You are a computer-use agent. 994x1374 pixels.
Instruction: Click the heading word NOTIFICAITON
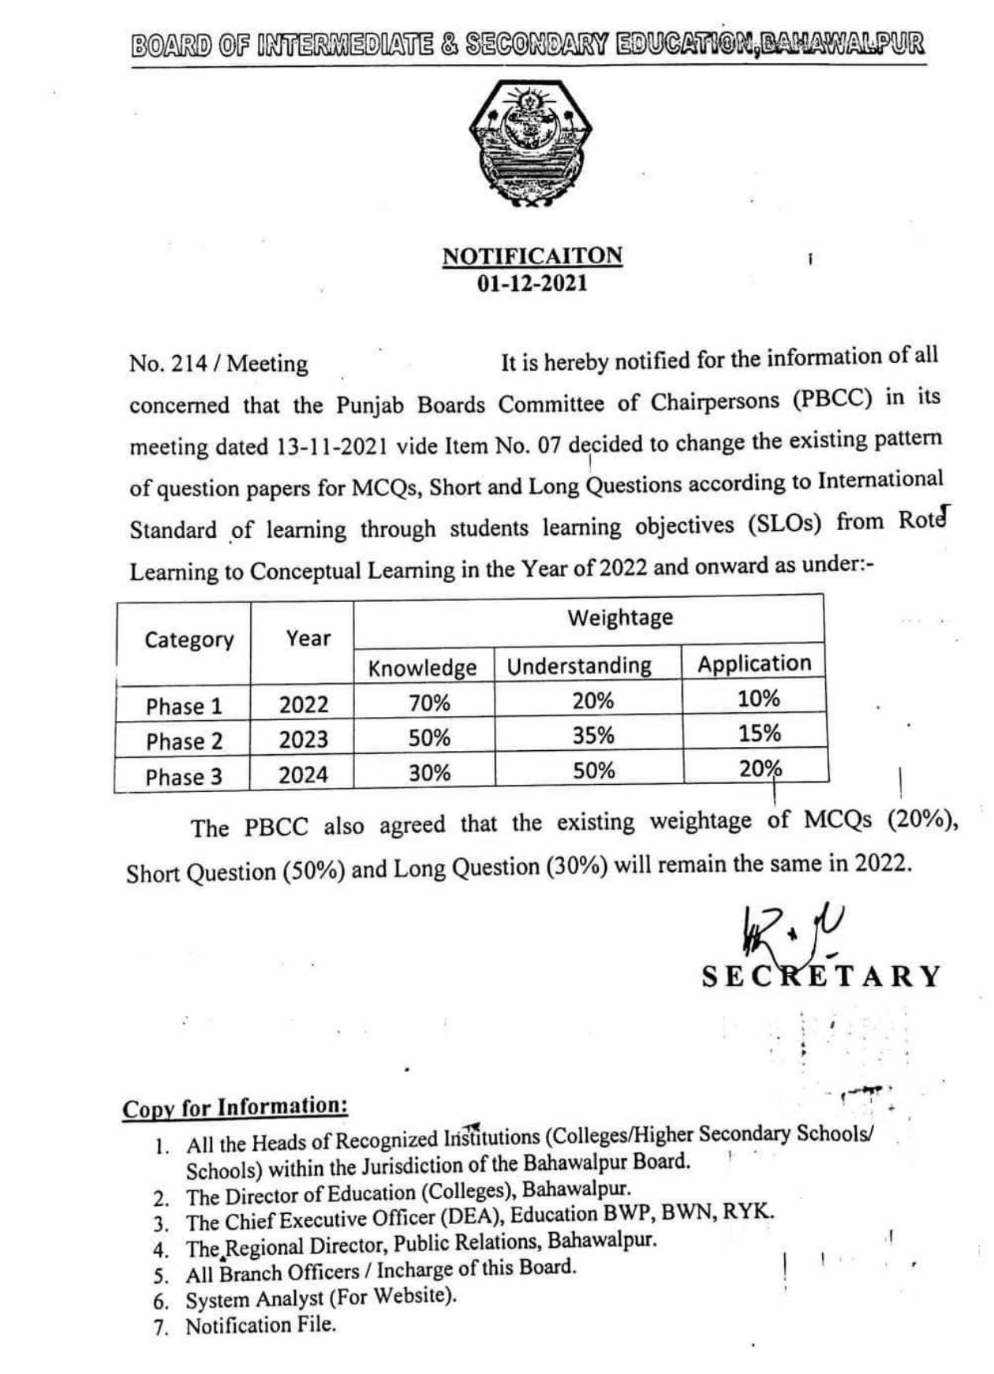coord(532,256)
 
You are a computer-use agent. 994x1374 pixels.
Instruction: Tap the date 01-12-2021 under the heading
coord(532,283)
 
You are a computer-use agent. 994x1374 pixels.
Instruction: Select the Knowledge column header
coord(422,668)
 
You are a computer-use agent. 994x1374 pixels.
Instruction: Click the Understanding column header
coord(579,666)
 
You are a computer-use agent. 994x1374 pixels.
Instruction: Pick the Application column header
coord(754,663)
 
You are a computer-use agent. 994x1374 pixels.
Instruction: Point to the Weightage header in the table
coord(620,617)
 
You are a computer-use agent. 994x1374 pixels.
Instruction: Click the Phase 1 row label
coord(184,706)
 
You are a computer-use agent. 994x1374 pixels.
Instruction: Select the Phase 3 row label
coord(184,777)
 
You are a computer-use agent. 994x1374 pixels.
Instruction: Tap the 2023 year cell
coord(303,739)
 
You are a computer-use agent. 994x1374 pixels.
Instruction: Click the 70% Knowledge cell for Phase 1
coord(429,703)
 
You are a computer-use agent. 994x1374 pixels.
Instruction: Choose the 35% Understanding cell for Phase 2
coord(593,735)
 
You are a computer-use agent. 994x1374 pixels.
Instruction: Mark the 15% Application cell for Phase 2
coord(760,733)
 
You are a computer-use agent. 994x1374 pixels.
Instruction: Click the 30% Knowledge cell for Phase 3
coord(429,773)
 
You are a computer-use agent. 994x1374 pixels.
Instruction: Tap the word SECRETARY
coord(821,976)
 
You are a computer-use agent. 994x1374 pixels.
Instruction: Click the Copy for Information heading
coord(234,1107)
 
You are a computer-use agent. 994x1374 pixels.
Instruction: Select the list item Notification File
coord(260,1325)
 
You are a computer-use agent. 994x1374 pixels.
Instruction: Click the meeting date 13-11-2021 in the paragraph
coord(332,446)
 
